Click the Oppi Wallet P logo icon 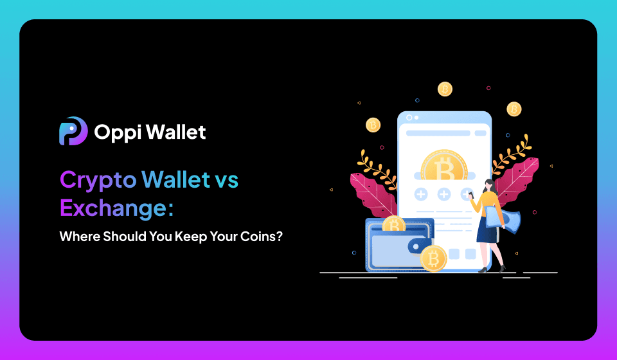click(x=73, y=131)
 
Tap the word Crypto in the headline click(x=98, y=180)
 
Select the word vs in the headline click(x=224, y=180)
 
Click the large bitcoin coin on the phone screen click(x=444, y=169)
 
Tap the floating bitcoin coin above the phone click(x=445, y=89)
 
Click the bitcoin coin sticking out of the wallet click(x=393, y=224)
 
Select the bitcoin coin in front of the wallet click(x=433, y=258)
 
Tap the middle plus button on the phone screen click(x=444, y=194)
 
